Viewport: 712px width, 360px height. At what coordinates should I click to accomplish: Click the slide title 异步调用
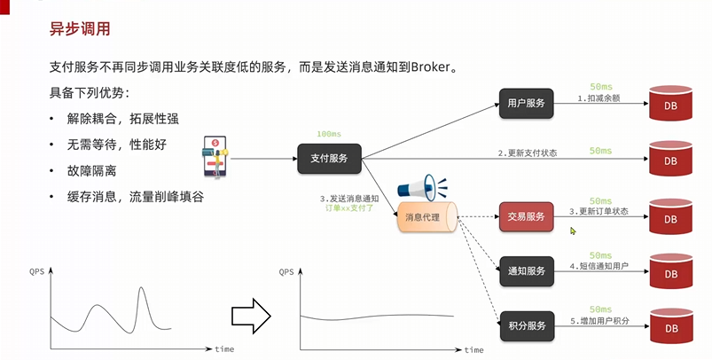click(x=79, y=28)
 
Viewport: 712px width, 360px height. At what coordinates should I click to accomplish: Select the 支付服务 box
click(x=328, y=159)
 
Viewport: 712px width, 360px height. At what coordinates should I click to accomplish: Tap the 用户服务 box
click(x=526, y=103)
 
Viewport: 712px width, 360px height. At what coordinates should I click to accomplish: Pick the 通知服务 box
click(x=526, y=270)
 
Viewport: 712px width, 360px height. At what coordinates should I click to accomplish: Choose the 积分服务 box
click(x=526, y=323)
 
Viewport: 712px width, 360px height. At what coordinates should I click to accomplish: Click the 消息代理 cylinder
click(x=426, y=217)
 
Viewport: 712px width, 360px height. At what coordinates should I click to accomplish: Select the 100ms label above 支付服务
click(x=329, y=135)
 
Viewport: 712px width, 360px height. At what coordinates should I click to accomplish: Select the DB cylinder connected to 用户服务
click(x=670, y=105)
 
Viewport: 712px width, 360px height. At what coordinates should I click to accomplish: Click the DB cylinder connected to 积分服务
click(x=670, y=325)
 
